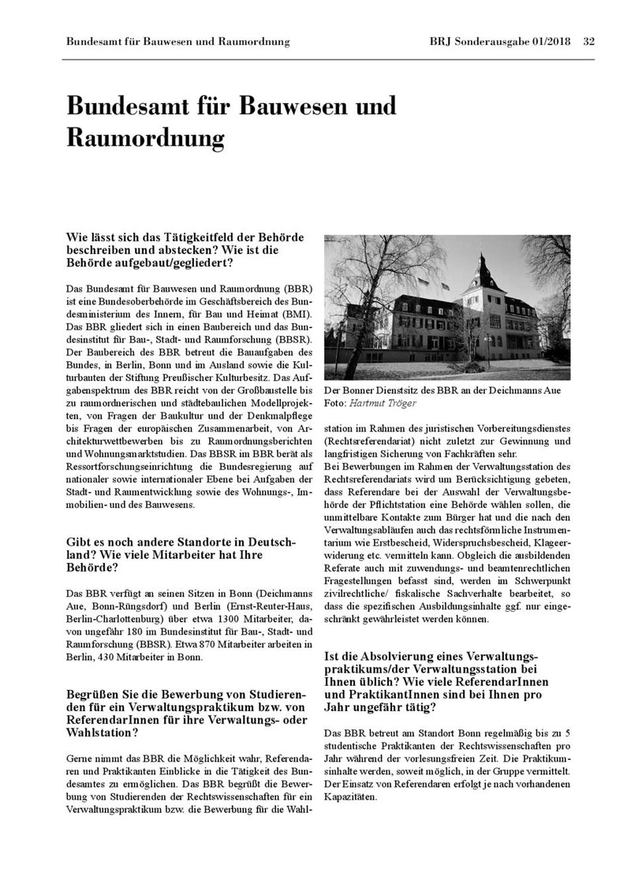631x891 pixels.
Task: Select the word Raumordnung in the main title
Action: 145,137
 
